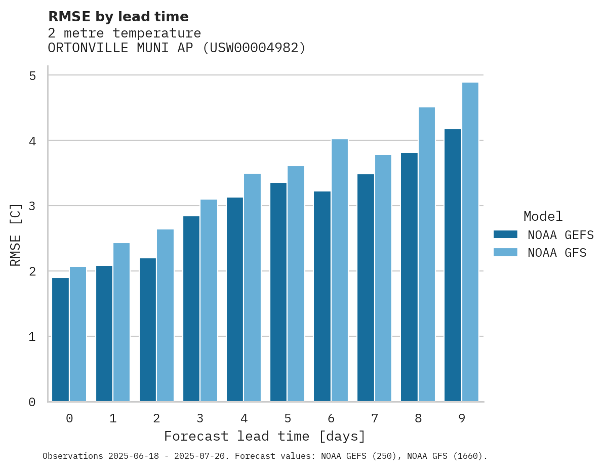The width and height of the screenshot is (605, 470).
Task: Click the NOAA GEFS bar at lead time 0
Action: [x=60, y=339]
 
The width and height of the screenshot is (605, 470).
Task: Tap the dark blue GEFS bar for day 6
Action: [x=322, y=296]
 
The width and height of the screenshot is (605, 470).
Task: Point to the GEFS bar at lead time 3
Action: [x=191, y=308]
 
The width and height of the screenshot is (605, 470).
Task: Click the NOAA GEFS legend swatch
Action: [x=505, y=234]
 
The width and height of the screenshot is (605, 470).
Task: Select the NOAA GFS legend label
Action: [x=557, y=253]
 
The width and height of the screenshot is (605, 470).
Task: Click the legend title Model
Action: [x=543, y=216]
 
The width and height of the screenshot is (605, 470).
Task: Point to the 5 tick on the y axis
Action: [x=32, y=75]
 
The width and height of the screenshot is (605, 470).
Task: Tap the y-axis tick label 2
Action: [x=32, y=271]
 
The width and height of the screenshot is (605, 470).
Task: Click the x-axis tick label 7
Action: [x=375, y=418]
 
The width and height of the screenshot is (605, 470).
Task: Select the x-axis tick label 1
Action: [x=113, y=418]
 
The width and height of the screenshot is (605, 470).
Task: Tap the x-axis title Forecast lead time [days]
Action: [x=264, y=436]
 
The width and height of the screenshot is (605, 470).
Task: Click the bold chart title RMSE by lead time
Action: [x=118, y=17]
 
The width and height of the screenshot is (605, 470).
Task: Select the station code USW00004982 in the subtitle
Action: [x=253, y=48]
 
